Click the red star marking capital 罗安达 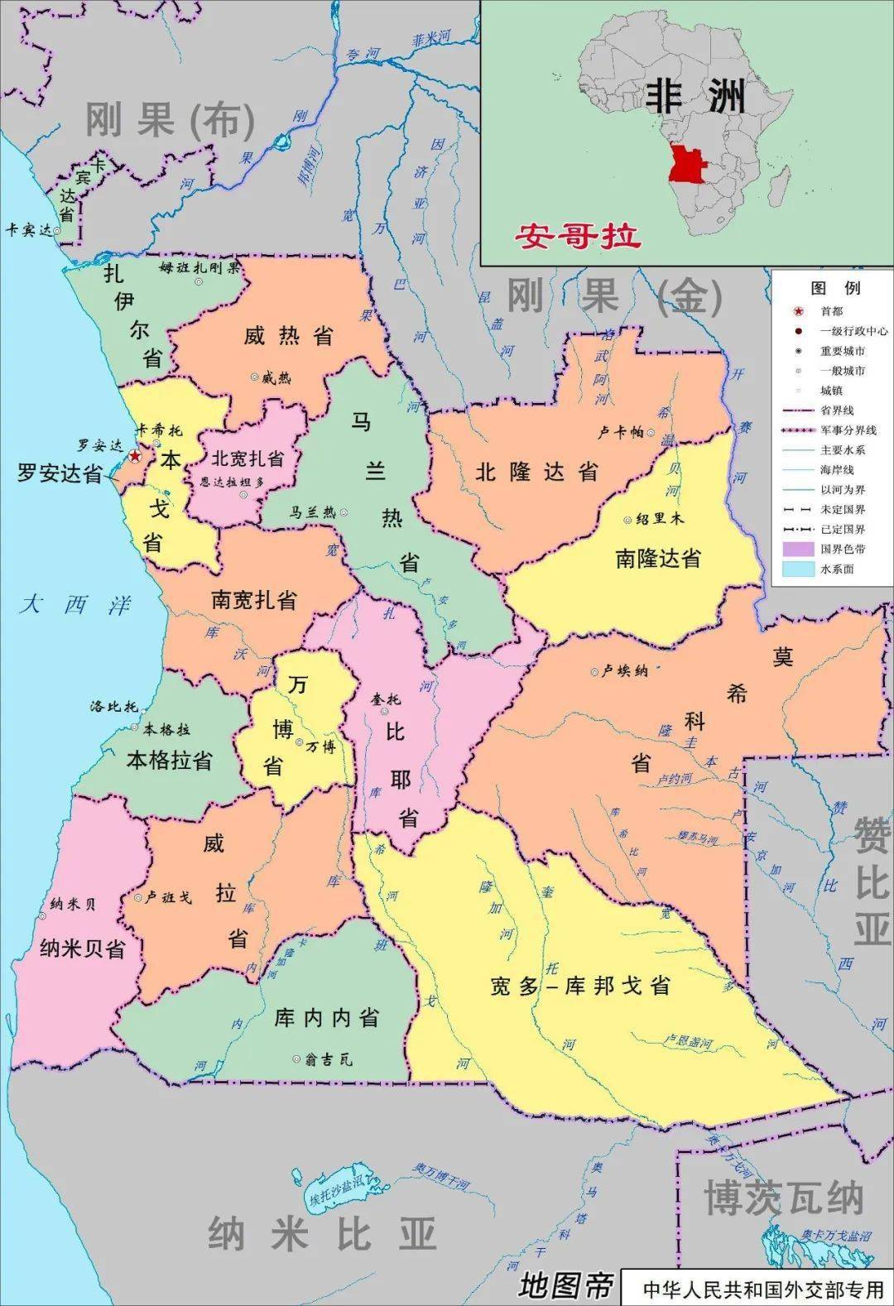[135, 456]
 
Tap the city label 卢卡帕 [620, 432]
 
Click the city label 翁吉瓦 [328, 1059]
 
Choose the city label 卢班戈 [169, 897]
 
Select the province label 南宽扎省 [253, 600]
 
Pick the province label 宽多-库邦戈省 [579, 986]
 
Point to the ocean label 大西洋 [76, 605]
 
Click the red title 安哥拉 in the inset [578, 237]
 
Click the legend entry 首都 [831, 311]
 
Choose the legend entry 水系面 [837, 569]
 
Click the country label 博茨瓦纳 [783, 1197]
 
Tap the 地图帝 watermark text [565, 1285]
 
